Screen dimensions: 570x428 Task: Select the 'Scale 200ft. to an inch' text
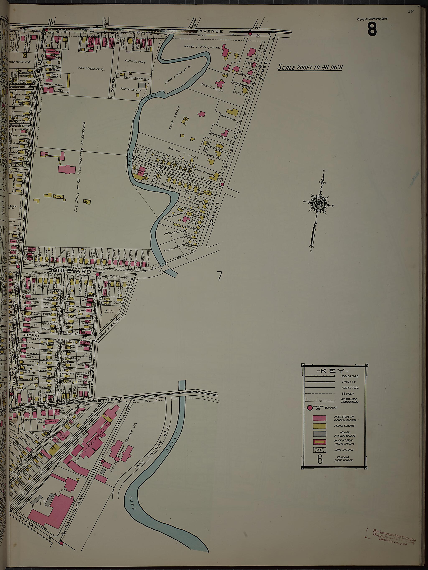pyautogui.click(x=310, y=67)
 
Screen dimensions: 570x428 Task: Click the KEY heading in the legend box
pyautogui.click(x=334, y=371)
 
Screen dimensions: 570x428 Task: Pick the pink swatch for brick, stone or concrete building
pyautogui.click(x=319, y=418)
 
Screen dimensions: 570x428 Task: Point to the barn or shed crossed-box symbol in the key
pyautogui.click(x=319, y=450)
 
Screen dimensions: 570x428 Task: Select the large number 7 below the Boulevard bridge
pyautogui.click(x=219, y=276)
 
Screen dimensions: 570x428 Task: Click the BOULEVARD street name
pyautogui.click(x=70, y=271)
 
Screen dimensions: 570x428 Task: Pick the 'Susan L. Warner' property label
pyautogui.click(x=211, y=88)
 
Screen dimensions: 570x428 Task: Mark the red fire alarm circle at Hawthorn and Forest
pyautogui.click(x=222, y=184)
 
